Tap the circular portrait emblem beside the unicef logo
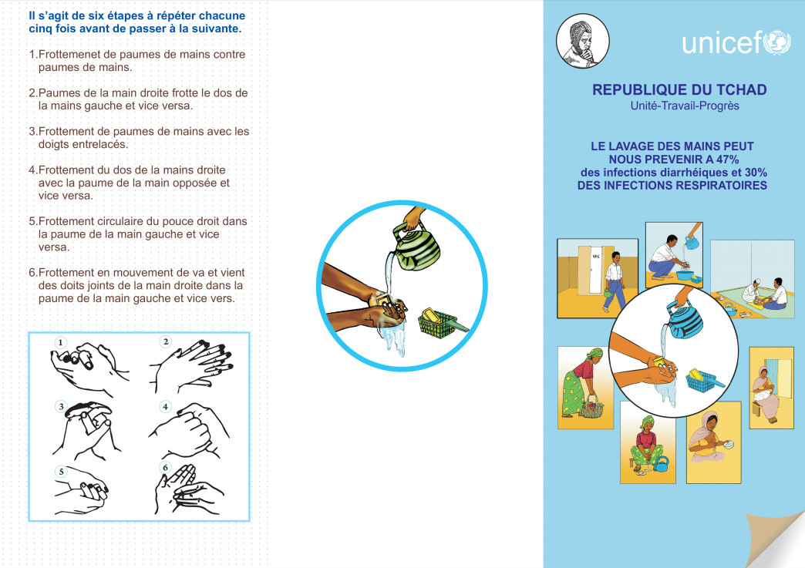coord(583,41)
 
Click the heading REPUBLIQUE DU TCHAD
coord(679,90)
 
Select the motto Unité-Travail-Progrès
coord(685,106)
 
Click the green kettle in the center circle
coord(415,247)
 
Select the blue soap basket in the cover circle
coord(704,380)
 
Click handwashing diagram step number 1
coord(61,342)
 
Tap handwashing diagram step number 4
coord(165,407)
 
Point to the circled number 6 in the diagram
coord(165,467)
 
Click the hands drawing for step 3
coord(86,431)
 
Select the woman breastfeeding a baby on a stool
coord(766,392)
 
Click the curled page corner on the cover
coord(776,539)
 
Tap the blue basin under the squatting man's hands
coord(689,275)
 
